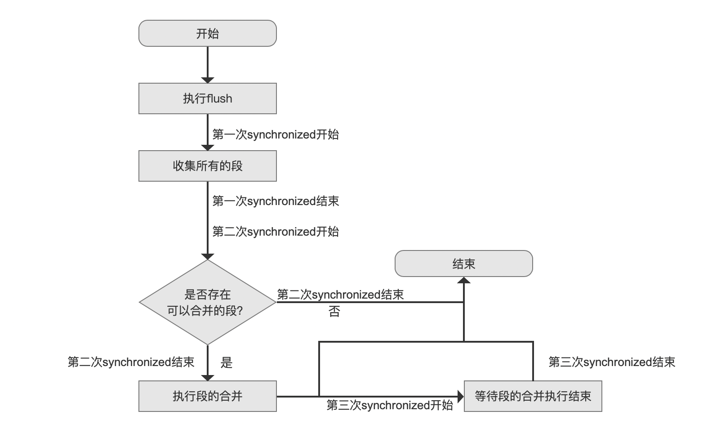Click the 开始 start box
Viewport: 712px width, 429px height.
click(x=207, y=33)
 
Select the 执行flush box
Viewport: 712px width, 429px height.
click(x=207, y=98)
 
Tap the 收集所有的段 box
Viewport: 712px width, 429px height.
click(x=207, y=166)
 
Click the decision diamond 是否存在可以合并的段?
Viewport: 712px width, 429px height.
click(x=207, y=302)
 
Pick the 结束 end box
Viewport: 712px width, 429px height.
click(x=463, y=264)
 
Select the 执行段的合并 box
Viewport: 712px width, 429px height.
click(x=207, y=396)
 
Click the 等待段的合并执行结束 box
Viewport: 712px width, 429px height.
click(x=533, y=396)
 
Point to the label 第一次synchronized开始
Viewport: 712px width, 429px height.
click(x=276, y=134)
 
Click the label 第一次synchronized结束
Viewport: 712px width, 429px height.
click(x=276, y=201)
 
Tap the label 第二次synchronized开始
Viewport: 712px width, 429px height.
click(x=276, y=232)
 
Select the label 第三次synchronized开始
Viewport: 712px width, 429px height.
click(x=390, y=405)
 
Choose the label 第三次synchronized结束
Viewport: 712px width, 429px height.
click(x=612, y=362)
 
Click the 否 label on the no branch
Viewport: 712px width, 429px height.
click(x=334, y=312)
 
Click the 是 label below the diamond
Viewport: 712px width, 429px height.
click(x=227, y=362)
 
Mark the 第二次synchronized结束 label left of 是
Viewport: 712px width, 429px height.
click(x=131, y=362)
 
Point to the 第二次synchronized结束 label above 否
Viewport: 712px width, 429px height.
click(x=340, y=295)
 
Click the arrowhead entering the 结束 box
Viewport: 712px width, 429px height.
click(x=463, y=281)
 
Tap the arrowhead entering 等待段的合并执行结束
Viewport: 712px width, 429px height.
click(x=460, y=397)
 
